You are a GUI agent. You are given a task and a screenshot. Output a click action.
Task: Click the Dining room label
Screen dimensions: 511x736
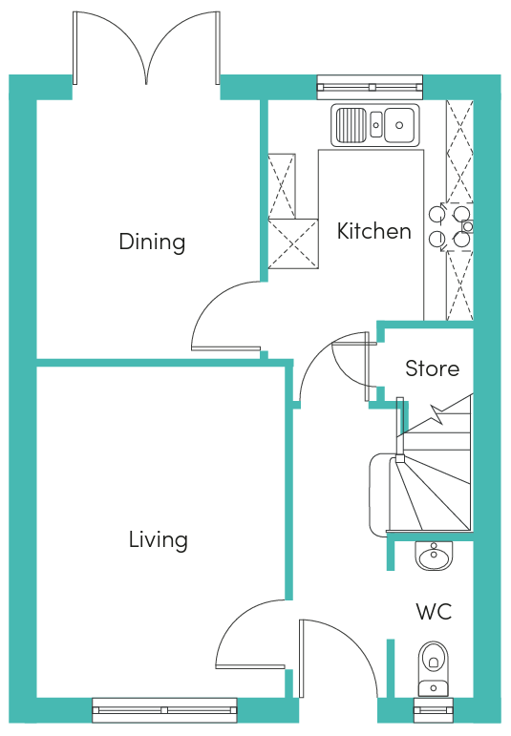[152, 242]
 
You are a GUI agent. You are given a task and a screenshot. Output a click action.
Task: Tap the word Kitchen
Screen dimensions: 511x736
[373, 231]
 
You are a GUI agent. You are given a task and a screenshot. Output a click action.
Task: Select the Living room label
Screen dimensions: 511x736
[159, 539]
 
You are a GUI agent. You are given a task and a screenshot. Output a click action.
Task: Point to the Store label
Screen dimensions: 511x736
[432, 368]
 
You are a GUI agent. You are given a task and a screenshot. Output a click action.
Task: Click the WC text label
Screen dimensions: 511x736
[434, 612]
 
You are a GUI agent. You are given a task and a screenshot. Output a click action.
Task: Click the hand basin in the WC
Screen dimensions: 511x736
[434, 557]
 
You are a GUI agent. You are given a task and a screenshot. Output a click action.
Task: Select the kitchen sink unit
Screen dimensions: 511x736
[374, 125]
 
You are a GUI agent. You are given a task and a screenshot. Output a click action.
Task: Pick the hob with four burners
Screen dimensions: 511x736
[450, 227]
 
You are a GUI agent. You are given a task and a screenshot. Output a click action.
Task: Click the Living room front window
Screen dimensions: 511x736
[164, 710]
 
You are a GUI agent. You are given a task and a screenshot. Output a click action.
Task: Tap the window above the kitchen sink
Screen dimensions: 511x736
[370, 87]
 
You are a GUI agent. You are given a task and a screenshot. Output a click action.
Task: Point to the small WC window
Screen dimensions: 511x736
[433, 710]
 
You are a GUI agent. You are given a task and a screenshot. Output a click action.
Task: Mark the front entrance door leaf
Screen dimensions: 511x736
[303, 658]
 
